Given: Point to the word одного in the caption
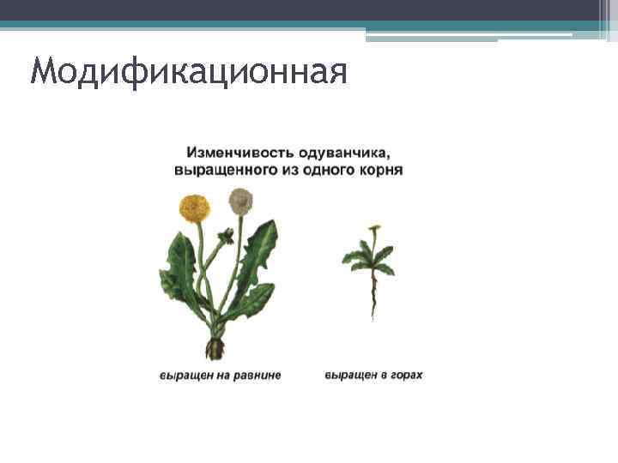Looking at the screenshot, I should point(324,170).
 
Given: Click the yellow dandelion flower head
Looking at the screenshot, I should point(195,207).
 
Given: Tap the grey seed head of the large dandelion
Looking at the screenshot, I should point(240,201).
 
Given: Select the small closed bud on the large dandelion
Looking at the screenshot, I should point(227,235).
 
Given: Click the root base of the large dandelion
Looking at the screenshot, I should point(215,347).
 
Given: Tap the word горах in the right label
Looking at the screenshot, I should point(406,376).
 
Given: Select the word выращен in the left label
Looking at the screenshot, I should point(182,376).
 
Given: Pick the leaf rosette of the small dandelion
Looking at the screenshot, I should point(369,257).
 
